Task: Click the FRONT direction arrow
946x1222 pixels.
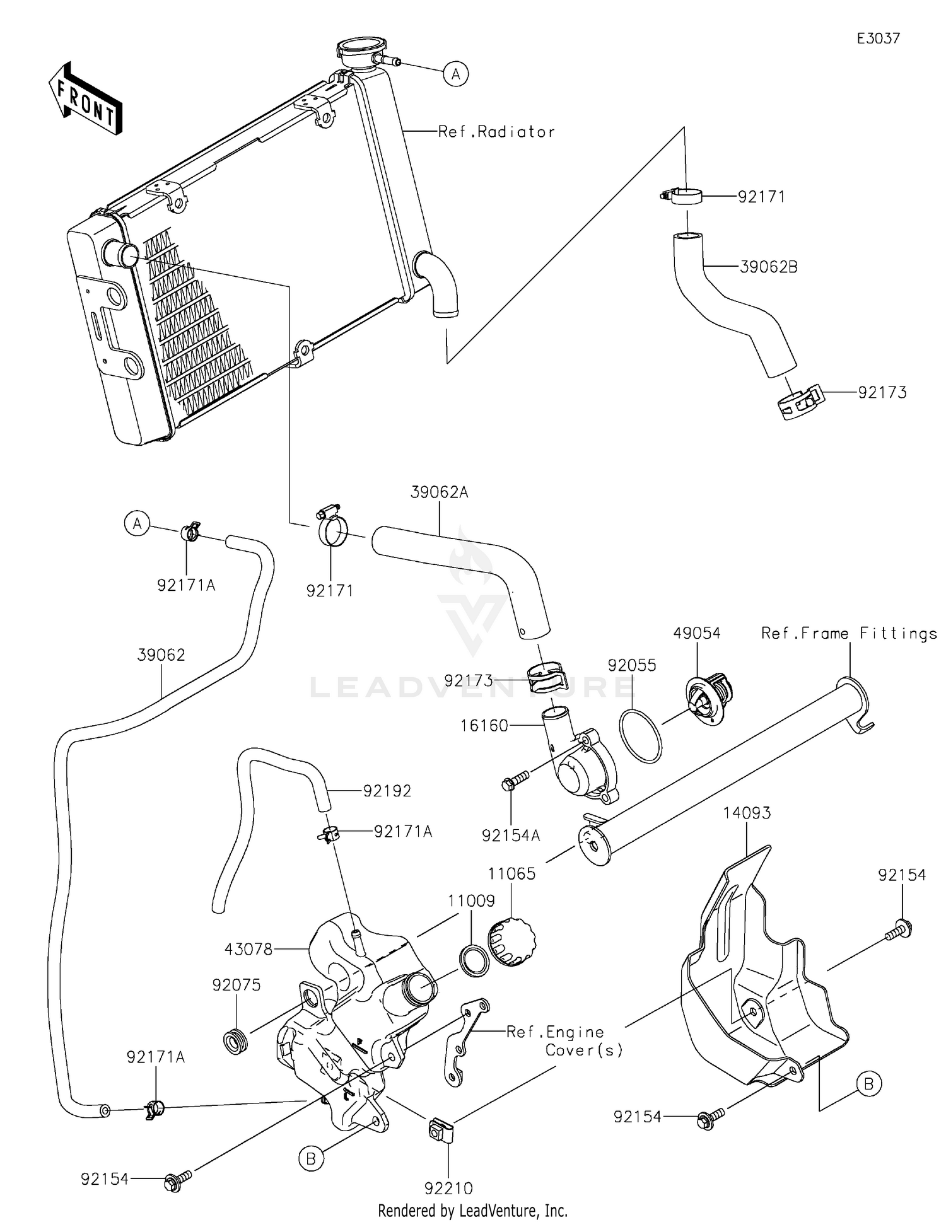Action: point(85,99)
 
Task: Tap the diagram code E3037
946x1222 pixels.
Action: point(878,38)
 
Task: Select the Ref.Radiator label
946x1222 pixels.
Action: point(496,132)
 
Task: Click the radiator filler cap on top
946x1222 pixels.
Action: point(361,50)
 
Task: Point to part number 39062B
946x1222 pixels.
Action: point(768,267)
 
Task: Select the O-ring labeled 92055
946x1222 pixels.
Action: point(641,735)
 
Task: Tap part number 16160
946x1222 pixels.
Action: point(484,726)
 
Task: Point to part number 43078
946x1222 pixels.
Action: point(248,949)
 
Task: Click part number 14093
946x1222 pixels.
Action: point(747,813)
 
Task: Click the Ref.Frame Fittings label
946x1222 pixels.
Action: point(849,633)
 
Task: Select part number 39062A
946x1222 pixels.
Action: point(439,492)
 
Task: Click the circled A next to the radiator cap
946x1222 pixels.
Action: point(455,74)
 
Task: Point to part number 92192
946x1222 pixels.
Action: point(387,791)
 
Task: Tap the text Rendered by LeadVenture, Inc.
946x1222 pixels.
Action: point(472,1210)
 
